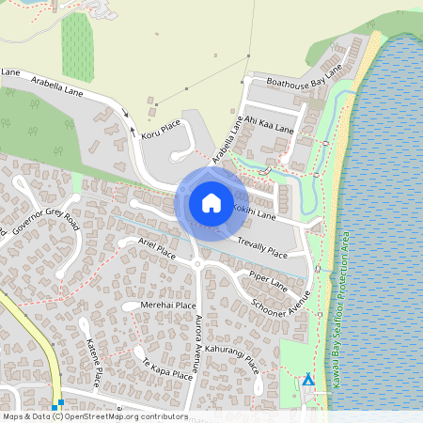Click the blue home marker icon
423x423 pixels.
point(211,202)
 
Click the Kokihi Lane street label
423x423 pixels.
point(254,211)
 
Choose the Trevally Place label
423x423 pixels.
point(261,248)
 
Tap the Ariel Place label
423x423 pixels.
point(156,250)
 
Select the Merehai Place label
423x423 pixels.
point(167,305)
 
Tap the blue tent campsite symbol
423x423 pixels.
point(307,380)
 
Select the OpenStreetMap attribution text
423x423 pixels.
point(94,415)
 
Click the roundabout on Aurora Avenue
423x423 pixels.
point(197,265)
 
